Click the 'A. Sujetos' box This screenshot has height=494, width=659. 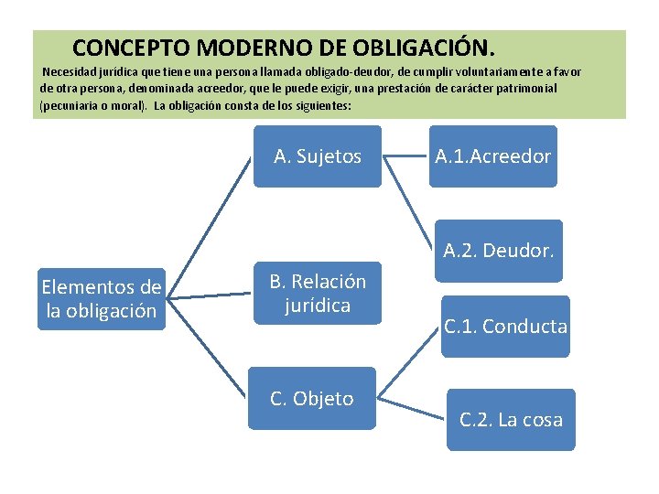click(318, 156)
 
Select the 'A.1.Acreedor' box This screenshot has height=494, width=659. click(492, 156)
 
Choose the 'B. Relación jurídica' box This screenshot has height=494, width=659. click(317, 293)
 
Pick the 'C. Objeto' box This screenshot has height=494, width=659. click(313, 399)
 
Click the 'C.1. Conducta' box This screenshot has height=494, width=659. click(505, 326)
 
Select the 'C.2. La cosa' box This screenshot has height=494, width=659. click(511, 420)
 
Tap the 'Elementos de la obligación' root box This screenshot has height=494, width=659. click(102, 299)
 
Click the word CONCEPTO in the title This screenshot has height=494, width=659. click(131, 46)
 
